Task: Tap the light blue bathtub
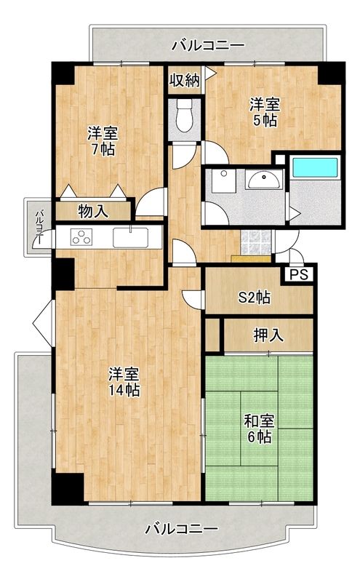[x=316, y=167]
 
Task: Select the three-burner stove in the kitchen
[x=81, y=237]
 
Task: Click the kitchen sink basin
[x=131, y=237]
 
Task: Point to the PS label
[x=299, y=274]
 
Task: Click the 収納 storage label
[x=185, y=80]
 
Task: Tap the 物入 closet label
[x=93, y=212]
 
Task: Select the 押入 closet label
[x=268, y=335]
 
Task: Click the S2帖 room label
[x=255, y=298]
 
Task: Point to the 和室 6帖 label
[x=259, y=429]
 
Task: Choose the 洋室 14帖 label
[x=124, y=382]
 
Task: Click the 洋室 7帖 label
[x=103, y=141]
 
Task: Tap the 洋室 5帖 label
[x=265, y=112]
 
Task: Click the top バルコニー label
[x=208, y=46]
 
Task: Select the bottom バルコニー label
[x=182, y=529]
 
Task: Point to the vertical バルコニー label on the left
[x=40, y=227]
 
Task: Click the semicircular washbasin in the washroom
[x=264, y=180]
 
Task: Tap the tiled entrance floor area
[x=256, y=242]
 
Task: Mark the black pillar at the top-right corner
[x=332, y=73]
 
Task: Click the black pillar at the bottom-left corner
[x=67, y=488]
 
